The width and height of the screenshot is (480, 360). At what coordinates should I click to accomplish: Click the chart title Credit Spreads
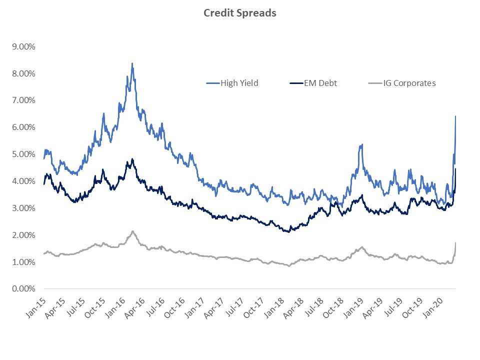239,13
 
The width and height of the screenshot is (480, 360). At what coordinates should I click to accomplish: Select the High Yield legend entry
239,83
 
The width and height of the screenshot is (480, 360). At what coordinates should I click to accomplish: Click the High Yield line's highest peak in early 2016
132,63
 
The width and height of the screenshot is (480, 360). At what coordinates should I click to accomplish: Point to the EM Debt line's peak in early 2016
132,159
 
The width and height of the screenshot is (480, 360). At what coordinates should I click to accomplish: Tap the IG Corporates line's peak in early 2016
132,231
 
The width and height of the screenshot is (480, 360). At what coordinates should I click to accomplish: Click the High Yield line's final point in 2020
455,116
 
